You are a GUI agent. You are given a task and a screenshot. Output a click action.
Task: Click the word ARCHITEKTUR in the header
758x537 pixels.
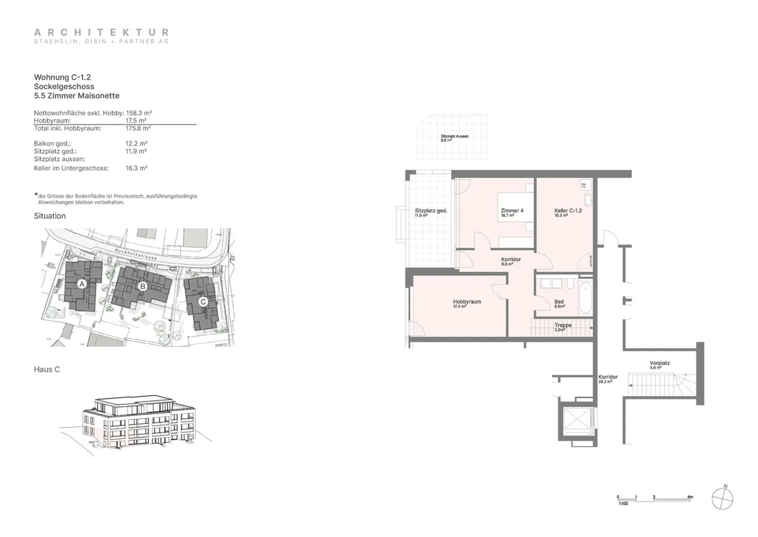(x=102, y=33)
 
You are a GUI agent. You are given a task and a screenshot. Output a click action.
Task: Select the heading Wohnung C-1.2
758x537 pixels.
(x=62, y=77)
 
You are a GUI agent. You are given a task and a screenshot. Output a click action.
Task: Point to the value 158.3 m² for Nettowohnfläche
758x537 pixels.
(x=139, y=113)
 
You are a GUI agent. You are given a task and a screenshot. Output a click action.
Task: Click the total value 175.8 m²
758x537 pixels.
(x=138, y=128)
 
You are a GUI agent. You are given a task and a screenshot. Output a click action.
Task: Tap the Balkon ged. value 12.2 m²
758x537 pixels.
(x=136, y=143)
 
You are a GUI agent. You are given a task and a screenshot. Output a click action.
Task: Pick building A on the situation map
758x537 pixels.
(x=82, y=284)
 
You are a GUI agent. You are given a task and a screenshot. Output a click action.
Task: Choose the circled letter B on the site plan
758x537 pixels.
(x=142, y=286)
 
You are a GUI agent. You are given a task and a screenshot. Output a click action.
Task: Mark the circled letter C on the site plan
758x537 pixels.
(x=203, y=302)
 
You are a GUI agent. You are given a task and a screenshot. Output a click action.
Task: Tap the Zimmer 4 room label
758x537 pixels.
(x=512, y=211)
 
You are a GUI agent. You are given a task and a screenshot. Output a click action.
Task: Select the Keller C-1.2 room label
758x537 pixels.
(x=567, y=211)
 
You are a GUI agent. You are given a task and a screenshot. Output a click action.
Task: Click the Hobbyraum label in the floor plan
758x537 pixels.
(x=467, y=302)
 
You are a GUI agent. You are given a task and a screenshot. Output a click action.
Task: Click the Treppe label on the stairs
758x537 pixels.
(x=563, y=326)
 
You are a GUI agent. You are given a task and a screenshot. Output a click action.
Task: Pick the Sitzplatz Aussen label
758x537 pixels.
(x=454, y=136)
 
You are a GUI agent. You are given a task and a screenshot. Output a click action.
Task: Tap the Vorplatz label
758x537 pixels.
(x=659, y=363)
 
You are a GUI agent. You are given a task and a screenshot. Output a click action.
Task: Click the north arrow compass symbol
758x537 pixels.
(x=722, y=498)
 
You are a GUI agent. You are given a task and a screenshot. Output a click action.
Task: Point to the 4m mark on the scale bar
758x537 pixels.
(x=690, y=497)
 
